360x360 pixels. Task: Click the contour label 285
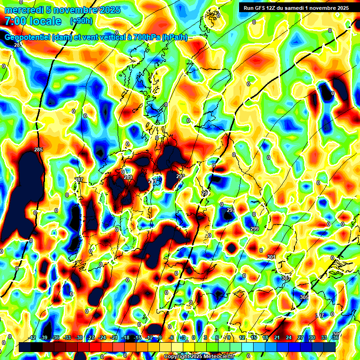coord(38,150)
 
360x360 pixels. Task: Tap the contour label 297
coord(231,210)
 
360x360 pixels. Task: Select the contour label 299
coord(255,229)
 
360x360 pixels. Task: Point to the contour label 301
coord(271,257)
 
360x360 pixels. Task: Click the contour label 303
coord(285,278)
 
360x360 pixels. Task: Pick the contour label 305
coord(304,298)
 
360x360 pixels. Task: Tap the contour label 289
coord(128,177)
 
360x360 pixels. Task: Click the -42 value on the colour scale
coord(32,338)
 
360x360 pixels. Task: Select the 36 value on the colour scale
coord(335,338)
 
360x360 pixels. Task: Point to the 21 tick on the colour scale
coord(277,338)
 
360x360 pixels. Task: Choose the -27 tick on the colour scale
coord(90,338)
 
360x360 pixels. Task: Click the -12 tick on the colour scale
coord(149,338)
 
